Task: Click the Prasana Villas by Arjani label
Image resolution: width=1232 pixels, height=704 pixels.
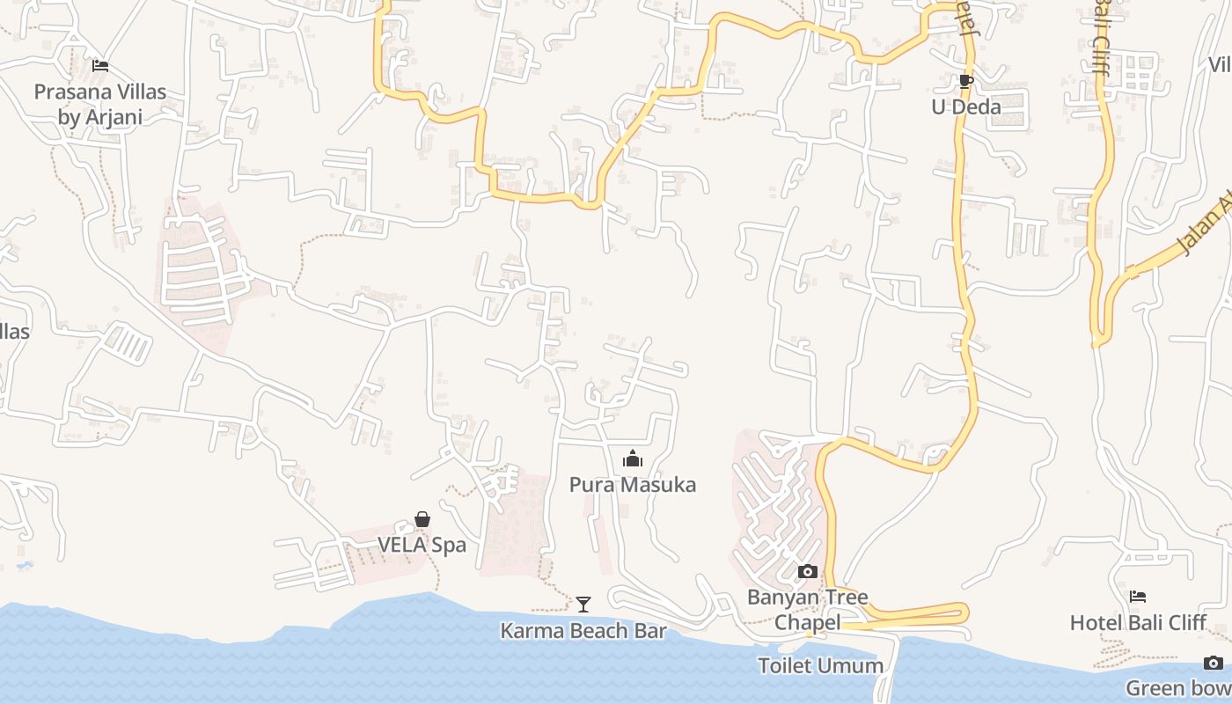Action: (x=99, y=104)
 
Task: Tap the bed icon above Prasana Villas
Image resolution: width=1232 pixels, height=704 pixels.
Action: (x=100, y=65)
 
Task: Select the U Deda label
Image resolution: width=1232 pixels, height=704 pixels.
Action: (x=966, y=107)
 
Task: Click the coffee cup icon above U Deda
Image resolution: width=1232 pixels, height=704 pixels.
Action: (x=965, y=82)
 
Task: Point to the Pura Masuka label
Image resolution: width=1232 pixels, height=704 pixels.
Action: (x=632, y=485)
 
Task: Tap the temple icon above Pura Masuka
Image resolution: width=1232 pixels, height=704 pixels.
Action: (x=632, y=458)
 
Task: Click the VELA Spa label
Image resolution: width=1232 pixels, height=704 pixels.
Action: (x=422, y=546)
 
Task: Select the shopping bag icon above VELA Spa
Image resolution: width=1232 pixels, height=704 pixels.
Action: (x=422, y=519)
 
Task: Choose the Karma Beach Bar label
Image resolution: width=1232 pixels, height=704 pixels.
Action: (x=583, y=631)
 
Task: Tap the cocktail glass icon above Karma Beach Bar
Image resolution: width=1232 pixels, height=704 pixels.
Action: (x=583, y=604)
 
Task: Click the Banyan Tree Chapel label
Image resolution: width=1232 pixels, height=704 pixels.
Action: (x=807, y=609)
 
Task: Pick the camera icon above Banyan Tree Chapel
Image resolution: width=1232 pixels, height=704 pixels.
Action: (x=807, y=572)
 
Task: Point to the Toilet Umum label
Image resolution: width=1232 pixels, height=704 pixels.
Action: (x=820, y=665)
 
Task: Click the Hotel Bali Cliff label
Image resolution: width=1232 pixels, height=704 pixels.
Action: (x=1137, y=623)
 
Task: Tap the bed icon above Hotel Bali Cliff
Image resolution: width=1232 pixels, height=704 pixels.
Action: (x=1137, y=597)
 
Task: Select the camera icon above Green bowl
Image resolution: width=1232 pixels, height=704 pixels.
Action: (x=1214, y=663)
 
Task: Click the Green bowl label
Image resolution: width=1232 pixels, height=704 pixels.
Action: (x=1179, y=688)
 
